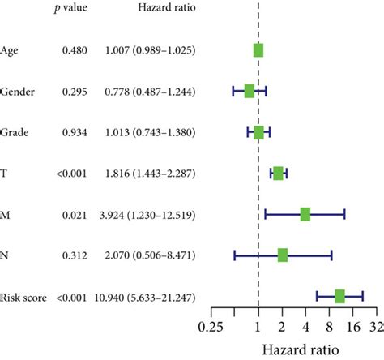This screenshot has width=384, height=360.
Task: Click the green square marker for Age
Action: [x=258, y=50]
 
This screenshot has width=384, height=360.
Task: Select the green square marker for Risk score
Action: [x=339, y=297]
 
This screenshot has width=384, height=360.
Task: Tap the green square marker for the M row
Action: [x=305, y=214]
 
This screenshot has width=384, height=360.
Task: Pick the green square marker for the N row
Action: [x=283, y=255]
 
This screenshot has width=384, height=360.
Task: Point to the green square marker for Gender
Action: [x=250, y=91]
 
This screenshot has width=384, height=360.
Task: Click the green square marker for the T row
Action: [x=279, y=173]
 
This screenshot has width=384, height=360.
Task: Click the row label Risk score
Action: [x=27, y=298]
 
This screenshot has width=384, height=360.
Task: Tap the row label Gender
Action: [x=22, y=92]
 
